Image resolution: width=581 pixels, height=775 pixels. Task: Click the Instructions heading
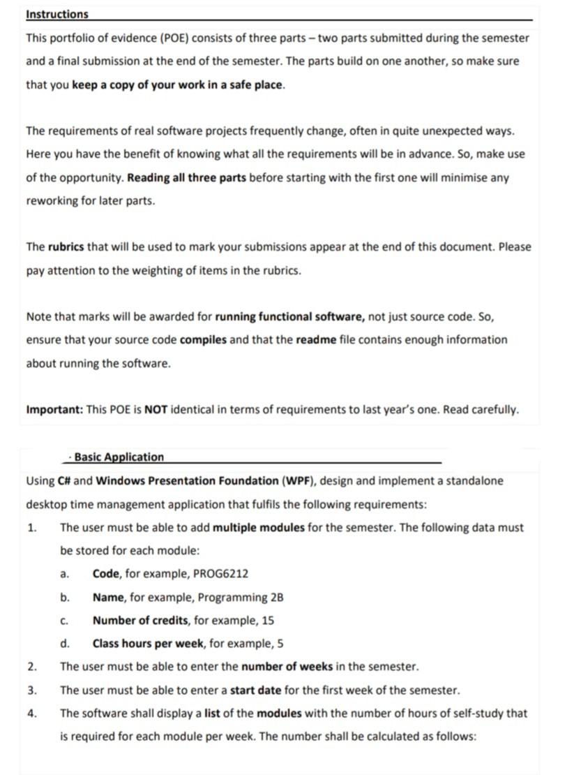point(57,15)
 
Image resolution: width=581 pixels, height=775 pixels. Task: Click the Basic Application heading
point(119,457)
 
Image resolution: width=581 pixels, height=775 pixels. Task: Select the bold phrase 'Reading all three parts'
point(187,177)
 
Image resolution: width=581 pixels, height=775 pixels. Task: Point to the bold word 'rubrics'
point(66,246)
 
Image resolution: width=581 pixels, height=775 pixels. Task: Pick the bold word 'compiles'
point(202,339)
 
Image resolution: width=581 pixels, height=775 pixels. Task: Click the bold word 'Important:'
point(54,409)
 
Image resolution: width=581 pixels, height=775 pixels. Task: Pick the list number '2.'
point(32,667)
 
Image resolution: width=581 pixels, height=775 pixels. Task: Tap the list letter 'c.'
point(64,621)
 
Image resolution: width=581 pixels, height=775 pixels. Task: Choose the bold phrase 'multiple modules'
point(258,528)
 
